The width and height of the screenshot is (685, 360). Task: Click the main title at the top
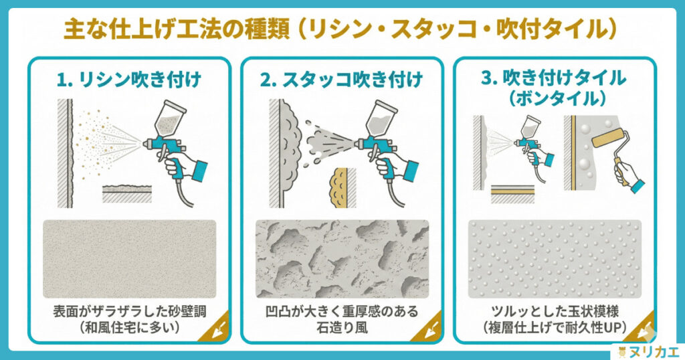coord(342,29)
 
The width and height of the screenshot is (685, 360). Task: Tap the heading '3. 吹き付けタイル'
coord(555,77)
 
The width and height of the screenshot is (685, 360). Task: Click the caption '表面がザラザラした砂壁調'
coord(129,312)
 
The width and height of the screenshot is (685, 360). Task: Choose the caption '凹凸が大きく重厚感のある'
coord(342,312)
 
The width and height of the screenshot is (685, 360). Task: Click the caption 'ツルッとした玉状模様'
coord(555,312)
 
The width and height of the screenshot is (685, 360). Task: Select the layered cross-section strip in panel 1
coord(127,193)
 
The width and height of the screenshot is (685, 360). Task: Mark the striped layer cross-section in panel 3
coord(512,193)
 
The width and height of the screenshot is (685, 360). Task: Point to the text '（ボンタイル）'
coord(555,97)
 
